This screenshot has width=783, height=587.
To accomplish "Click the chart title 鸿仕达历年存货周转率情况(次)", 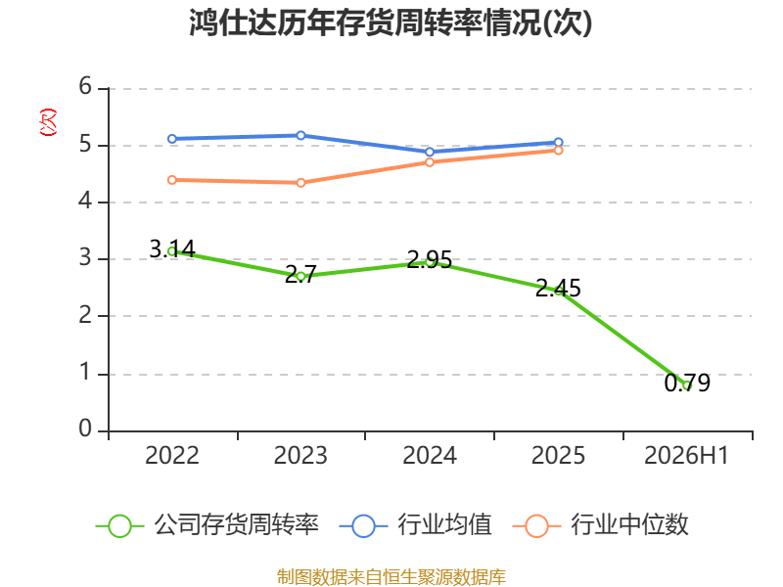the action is (391, 23).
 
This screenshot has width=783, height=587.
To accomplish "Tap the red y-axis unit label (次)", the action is (48, 122).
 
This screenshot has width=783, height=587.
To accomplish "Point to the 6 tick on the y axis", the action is (85, 86).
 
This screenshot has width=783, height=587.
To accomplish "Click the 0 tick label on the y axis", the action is (85, 429).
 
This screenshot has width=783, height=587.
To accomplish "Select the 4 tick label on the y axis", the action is (85, 202).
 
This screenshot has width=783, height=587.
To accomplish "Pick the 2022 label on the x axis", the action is (172, 455).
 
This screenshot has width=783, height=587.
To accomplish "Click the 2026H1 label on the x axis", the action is (687, 455).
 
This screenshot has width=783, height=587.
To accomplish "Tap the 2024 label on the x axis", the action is (430, 455).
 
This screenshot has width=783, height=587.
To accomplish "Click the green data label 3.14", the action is (172, 248).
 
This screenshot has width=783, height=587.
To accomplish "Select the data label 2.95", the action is (430, 259).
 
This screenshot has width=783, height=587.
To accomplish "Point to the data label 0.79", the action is (687, 383).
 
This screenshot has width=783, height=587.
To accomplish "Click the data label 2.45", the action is (558, 288).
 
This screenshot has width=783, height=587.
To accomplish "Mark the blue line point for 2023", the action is (300, 135).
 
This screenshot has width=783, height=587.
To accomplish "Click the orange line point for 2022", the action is (172, 180).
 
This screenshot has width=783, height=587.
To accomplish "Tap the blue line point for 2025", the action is (558, 142).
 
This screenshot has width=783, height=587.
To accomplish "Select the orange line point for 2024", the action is (430, 162).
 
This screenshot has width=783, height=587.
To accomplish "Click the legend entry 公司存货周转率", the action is (207, 525).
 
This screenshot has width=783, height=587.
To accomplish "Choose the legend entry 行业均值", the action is (415, 525).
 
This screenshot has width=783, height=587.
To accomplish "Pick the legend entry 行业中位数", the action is (600, 525).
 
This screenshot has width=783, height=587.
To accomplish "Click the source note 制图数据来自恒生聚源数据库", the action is (391, 577).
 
